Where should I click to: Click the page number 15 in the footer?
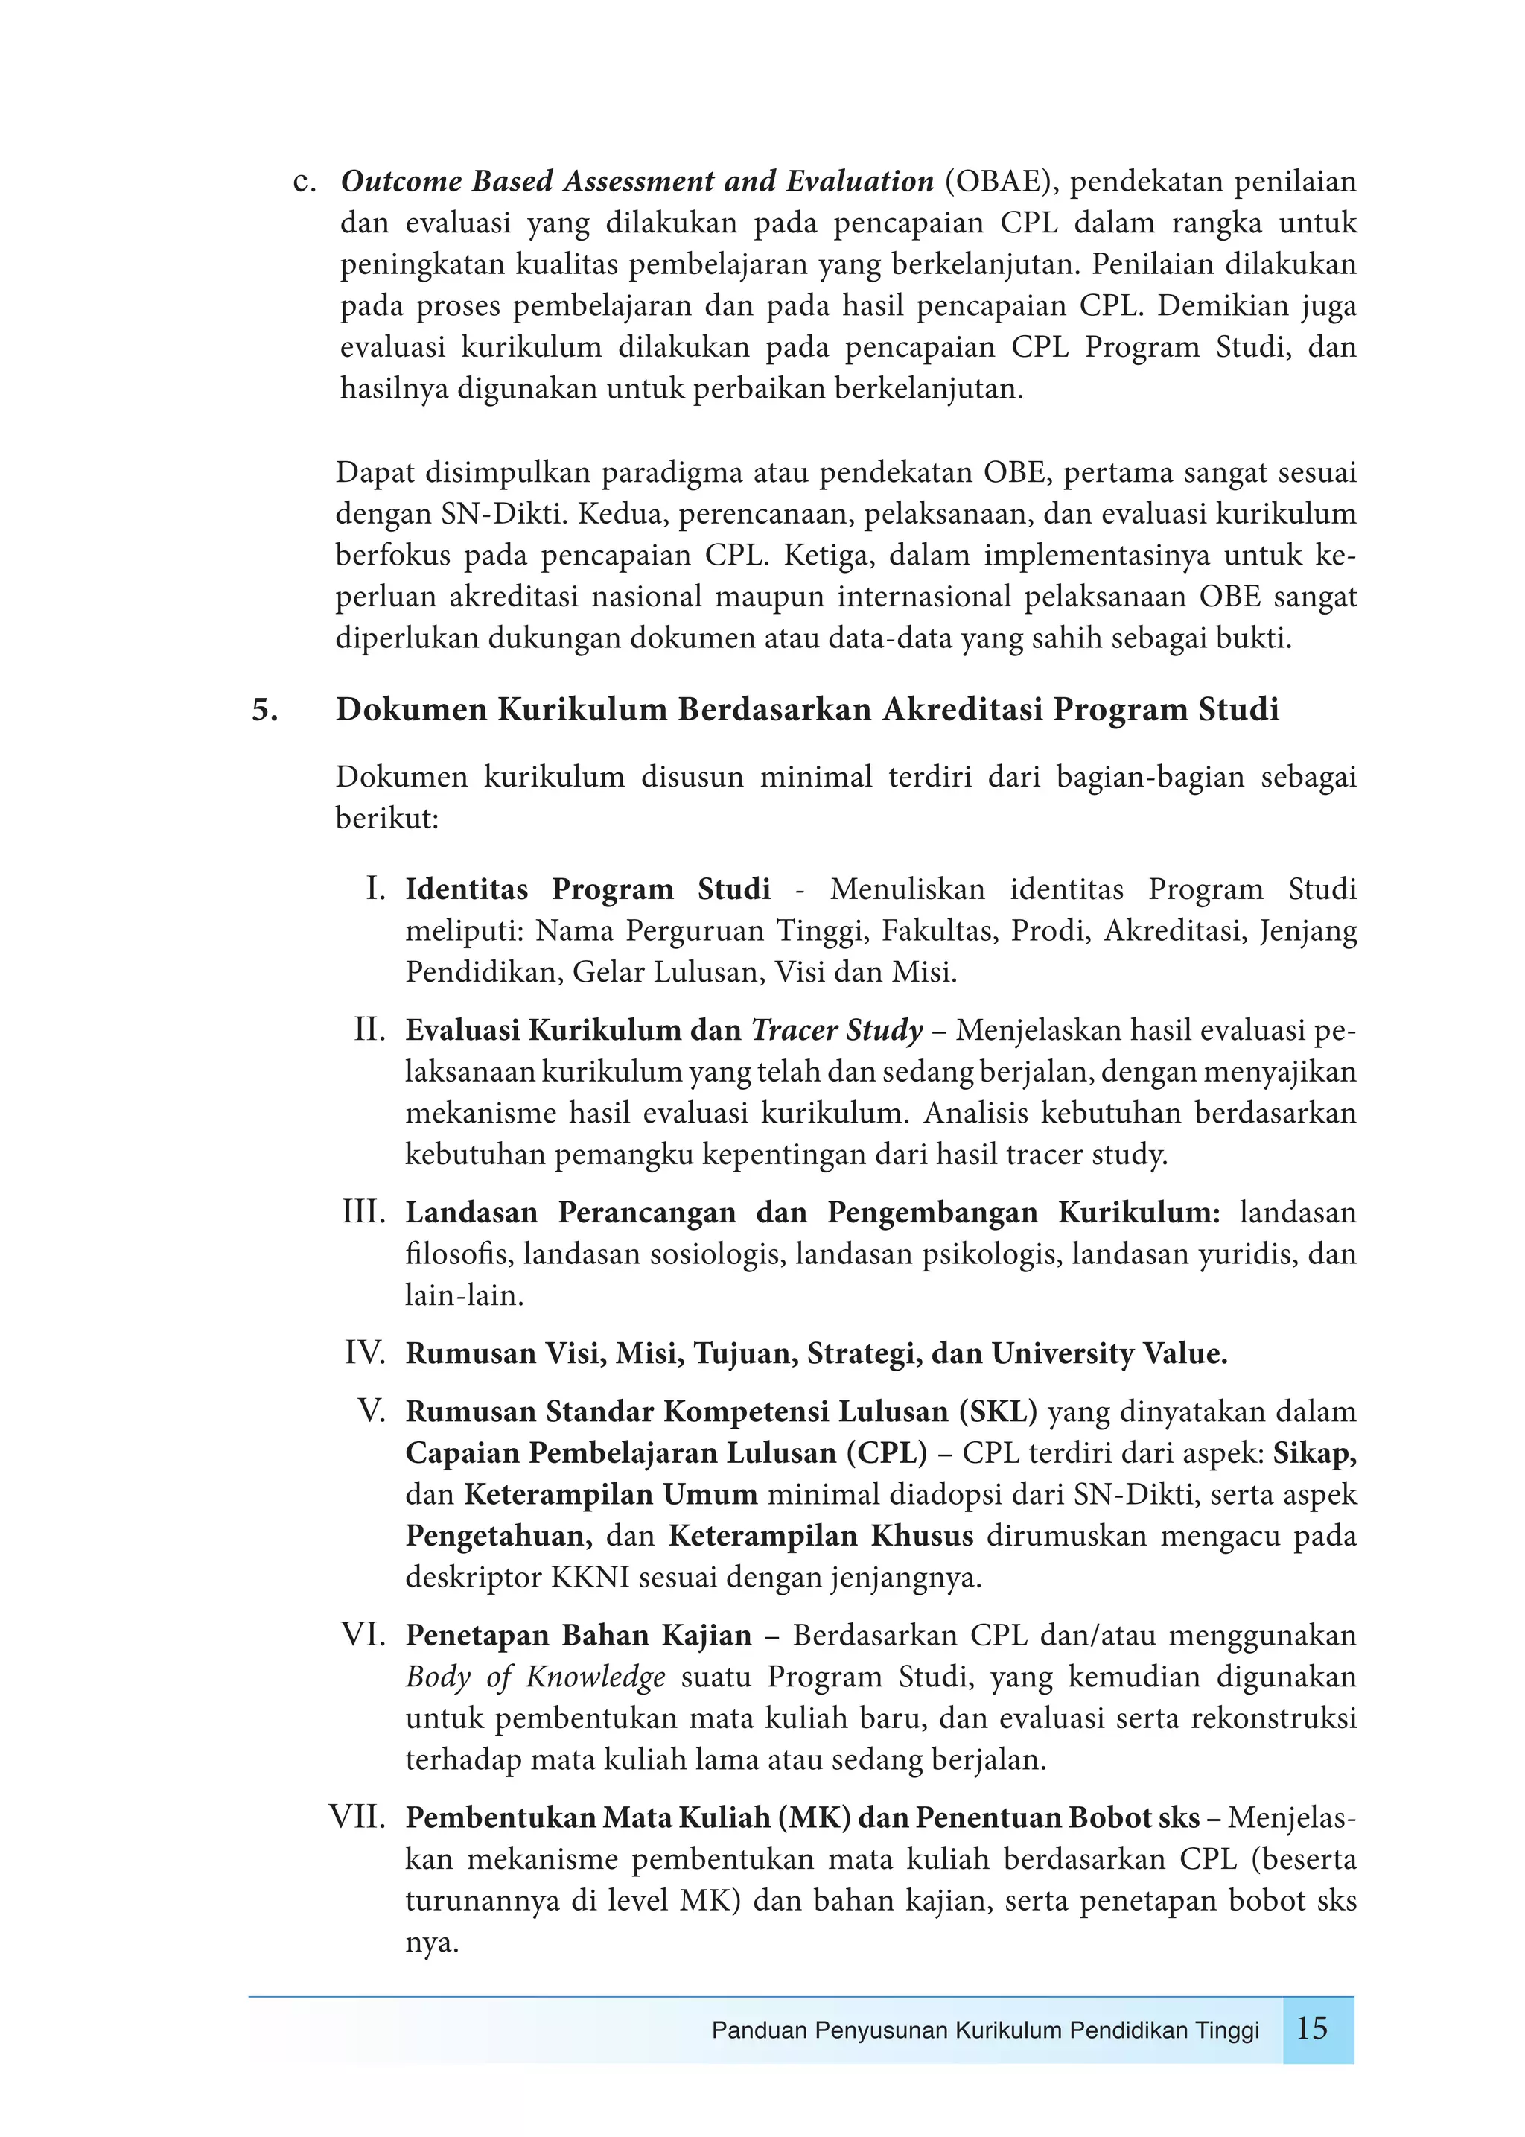tap(1312, 2029)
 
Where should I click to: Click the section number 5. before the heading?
tap(265, 710)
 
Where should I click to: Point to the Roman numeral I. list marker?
tap(375, 889)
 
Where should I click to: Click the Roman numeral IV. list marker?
tap(366, 1353)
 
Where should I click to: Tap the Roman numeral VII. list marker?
tap(357, 1817)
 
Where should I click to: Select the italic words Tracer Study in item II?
tap(837, 1030)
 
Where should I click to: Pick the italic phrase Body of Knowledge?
tap(535, 1677)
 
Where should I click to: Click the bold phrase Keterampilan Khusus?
tap(821, 1536)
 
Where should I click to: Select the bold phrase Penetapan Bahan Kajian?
tap(579, 1636)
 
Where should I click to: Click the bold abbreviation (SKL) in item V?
tap(999, 1412)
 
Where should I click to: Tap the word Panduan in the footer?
tap(759, 2030)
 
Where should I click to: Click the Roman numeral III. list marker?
tap(364, 1213)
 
